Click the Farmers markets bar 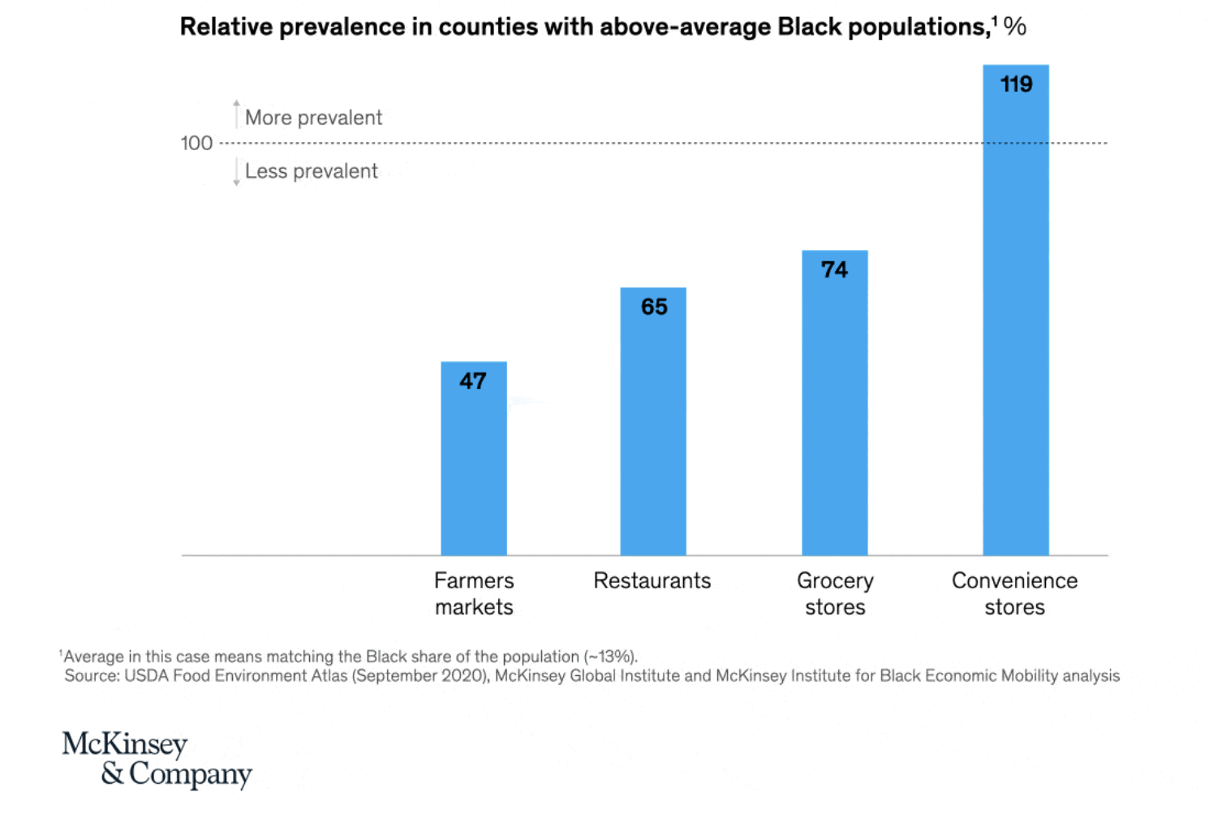(x=474, y=471)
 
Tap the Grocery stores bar (x=835, y=414)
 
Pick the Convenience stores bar (x=1016, y=325)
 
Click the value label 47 (x=473, y=381)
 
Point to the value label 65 (x=654, y=307)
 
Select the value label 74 (x=834, y=269)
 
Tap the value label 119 (x=1016, y=84)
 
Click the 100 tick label (x=196, y=144)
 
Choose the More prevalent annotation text (x=313, y=118)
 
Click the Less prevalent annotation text (x=312, y=171)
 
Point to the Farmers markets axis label (x=474, y=594)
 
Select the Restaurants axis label (x=652, y=581)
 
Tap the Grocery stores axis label (x=835, y=594)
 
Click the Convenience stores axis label (x=1014, y=594)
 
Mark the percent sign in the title (x=1015, y=27)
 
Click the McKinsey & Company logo (x=157, y=759)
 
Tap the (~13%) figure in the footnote (x=610, y=657)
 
